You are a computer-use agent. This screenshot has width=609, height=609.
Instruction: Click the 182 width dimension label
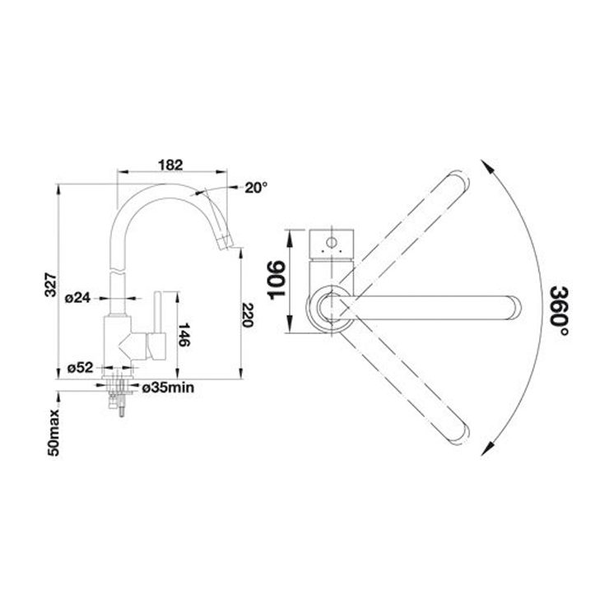click(170, 165)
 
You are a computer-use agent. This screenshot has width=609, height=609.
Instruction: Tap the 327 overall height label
click(51, 285)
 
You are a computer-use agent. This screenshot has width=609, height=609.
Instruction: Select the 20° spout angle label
click(256, 188)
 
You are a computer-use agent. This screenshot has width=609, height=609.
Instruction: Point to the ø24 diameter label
click(77, 298)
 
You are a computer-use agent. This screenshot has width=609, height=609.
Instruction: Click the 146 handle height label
click(184, 335)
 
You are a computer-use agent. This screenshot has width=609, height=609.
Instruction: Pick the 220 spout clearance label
click(248, 314)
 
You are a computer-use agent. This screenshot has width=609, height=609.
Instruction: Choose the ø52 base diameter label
click(81, 367)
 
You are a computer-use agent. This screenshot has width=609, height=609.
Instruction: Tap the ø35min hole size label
click(168, 388)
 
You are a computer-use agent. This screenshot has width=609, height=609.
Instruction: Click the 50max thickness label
click(53, 432)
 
